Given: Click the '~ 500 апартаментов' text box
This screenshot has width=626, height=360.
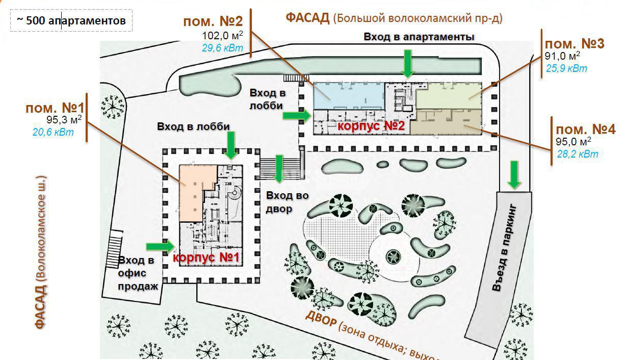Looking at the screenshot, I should (71, 20).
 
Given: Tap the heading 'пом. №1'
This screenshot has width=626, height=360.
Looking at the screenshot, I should (55, 108).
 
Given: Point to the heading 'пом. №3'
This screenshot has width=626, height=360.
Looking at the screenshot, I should (575, 44).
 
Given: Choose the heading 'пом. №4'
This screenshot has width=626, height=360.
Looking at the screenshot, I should (585, 130).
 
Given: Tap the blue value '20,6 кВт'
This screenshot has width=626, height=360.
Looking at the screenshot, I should (53, 133).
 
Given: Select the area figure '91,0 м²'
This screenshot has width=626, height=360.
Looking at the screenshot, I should (562, 56).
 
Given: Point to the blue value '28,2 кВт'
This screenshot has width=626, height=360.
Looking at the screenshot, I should (578, 153).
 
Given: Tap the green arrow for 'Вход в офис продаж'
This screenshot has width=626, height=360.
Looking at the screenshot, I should (161, 246).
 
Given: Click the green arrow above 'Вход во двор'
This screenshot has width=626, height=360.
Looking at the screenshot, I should (279, 169).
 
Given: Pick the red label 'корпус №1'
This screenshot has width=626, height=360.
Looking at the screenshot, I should (206, 258).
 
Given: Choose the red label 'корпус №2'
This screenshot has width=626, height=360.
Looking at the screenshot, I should (371, 126).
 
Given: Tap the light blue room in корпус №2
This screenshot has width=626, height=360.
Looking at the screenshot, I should (347, 95).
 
